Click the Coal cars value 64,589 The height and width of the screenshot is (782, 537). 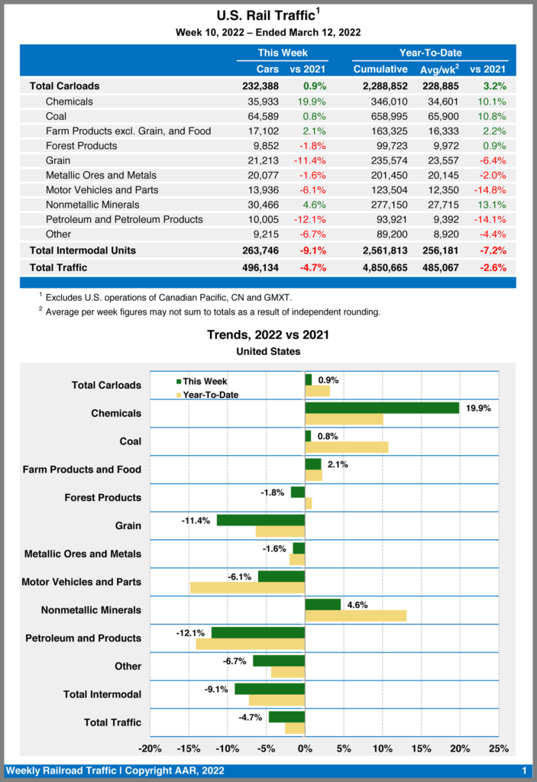coord(263,116)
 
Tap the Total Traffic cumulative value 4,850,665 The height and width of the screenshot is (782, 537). coord(380,267)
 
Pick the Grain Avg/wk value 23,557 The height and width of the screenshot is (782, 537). coord(442,160)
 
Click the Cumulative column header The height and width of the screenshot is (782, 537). coord(380,69)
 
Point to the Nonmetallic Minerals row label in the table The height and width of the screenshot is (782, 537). coord(92,205)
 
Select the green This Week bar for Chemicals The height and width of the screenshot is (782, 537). coord(382,408)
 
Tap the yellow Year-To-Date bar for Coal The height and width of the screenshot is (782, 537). coord(347,447)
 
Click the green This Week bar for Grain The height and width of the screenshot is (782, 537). coord(260,520)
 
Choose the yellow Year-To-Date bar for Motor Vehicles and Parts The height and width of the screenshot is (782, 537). coord(247,587)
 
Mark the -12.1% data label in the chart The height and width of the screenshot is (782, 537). coord(190,633)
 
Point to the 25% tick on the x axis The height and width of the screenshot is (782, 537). coord(498,748)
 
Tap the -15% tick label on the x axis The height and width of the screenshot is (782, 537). coord(189,748)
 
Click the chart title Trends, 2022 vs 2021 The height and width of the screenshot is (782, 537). coord(268,334)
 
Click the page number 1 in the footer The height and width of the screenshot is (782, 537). coord(524,770)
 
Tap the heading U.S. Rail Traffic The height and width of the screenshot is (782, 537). coord(264,15)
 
